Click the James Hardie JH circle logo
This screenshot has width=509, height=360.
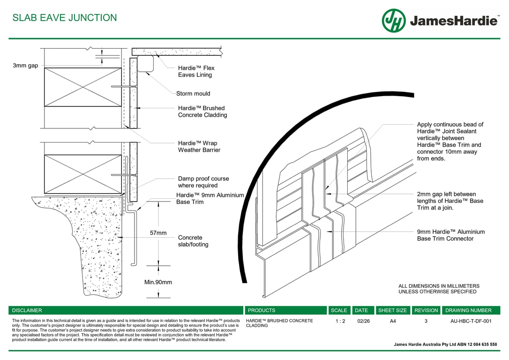click(394, 21)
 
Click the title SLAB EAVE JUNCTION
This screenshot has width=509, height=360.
click(65, 18)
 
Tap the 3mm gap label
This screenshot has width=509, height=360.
click(25, 66)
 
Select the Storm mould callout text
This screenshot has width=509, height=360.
click(193, 93)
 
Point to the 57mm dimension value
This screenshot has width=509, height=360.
click(158, 233)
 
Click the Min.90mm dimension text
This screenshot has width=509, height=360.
click(158, 282)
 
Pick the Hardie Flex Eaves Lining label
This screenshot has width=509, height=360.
click(196, 71)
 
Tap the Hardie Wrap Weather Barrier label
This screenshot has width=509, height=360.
click(197, 146)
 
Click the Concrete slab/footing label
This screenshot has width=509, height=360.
click(193, 241)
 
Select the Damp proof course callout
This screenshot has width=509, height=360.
click(203, 182)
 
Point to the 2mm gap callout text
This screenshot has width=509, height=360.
click(450, 201)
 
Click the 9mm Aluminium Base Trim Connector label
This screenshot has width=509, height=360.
click(451, 235)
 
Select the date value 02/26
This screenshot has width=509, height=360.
click(363, 321)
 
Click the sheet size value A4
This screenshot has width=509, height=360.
click(392, 321)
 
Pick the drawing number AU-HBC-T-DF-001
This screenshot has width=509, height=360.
click(471, 321)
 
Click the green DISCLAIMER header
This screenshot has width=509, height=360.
click(27, 310)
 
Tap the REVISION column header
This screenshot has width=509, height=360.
click(426, 310)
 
